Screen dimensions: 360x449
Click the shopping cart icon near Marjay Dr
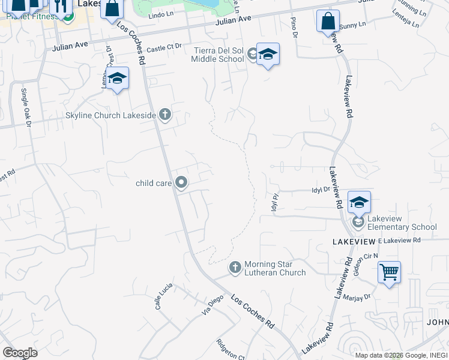(389, 272)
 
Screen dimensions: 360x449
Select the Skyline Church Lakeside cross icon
(164, 115)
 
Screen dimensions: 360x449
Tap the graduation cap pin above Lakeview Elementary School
(359, 202)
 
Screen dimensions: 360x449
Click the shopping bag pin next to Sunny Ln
(327, 21)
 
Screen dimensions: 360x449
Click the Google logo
(20, 353)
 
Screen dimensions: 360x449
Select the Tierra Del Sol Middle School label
(218, 55)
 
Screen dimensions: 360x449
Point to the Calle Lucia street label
(160, 296)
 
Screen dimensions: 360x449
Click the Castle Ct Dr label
(164, 49)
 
